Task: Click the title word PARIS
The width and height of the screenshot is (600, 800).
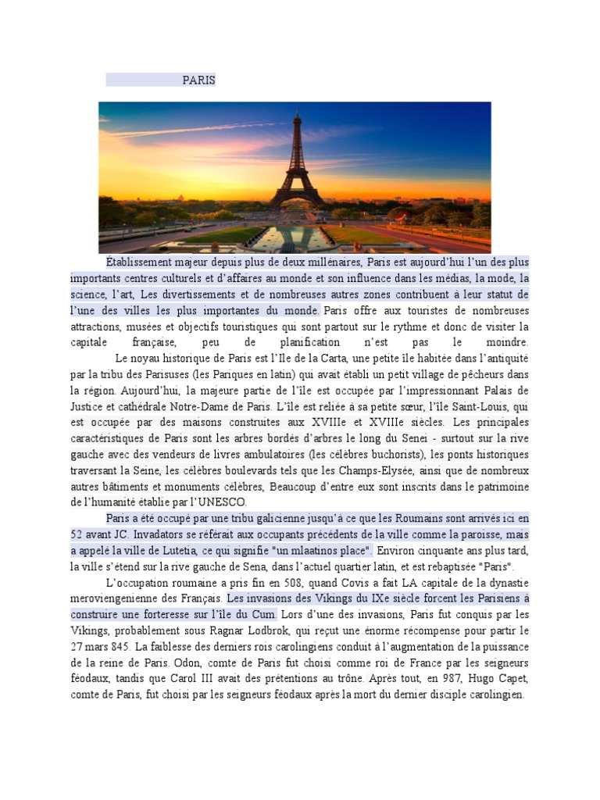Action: click(198, 80)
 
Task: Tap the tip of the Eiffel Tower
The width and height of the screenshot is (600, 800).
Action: click(296, 115)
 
